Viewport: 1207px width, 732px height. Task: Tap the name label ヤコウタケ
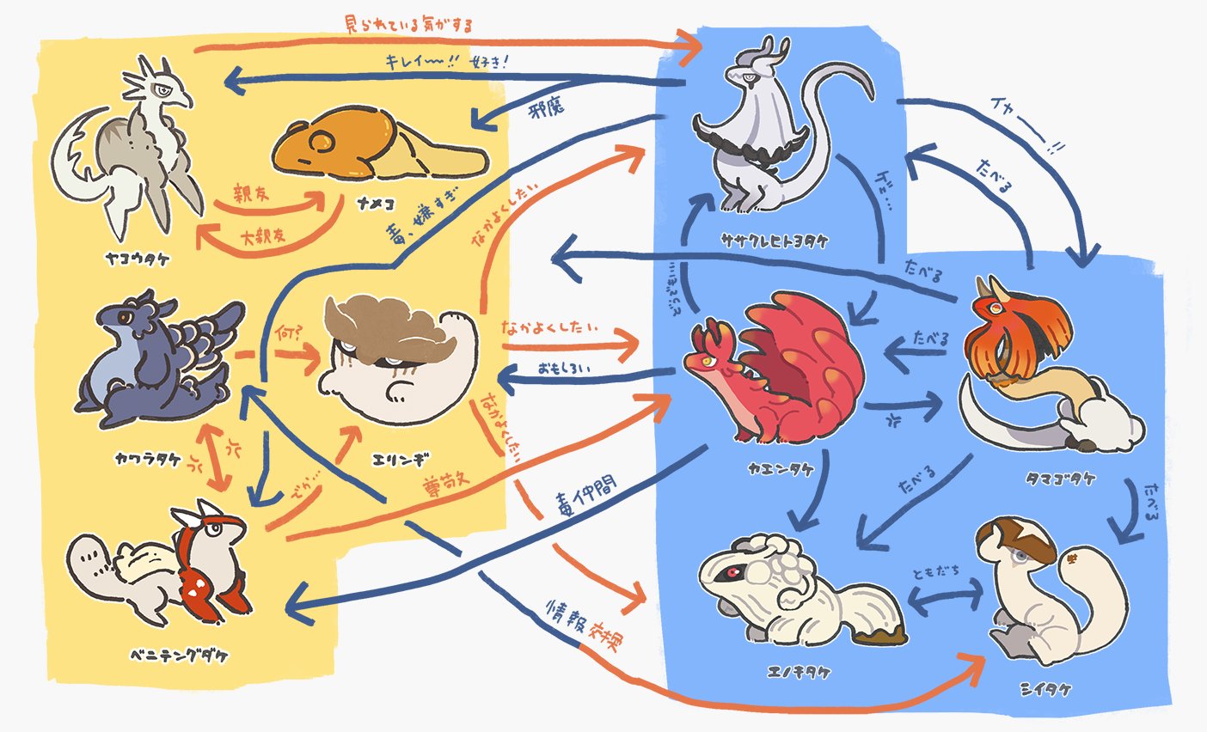click(x=131, y=255)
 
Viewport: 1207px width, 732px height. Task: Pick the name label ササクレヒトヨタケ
click(x=776, y=241)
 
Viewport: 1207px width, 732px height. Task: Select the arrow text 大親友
click(x=265, y=234)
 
